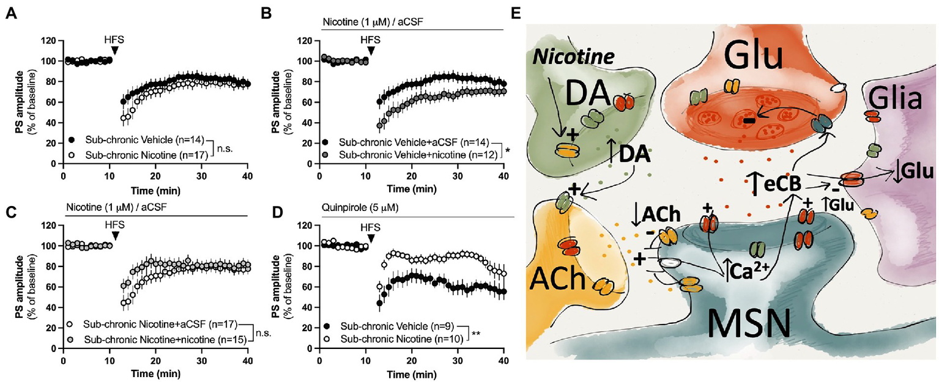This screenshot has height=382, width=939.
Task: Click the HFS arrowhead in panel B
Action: click(x=370, y=52)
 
